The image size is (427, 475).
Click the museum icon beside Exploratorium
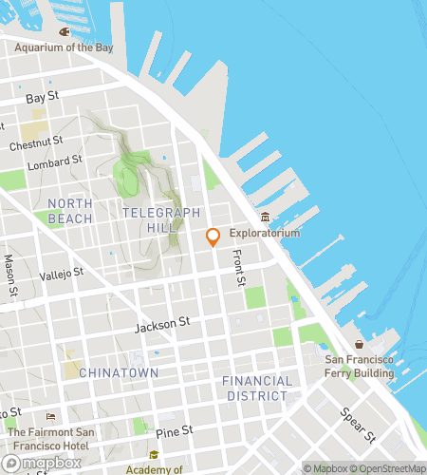point(266,218)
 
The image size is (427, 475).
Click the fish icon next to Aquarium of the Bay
point(65,31)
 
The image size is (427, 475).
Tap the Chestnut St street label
point(36,144)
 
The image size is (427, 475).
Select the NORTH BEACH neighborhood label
point(70,211)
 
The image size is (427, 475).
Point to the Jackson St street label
point(156,325)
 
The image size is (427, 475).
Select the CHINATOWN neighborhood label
point(118,373)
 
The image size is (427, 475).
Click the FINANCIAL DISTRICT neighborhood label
point(255,388)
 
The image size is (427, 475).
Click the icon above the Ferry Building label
point(359,344)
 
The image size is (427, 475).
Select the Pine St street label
point(175,431)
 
